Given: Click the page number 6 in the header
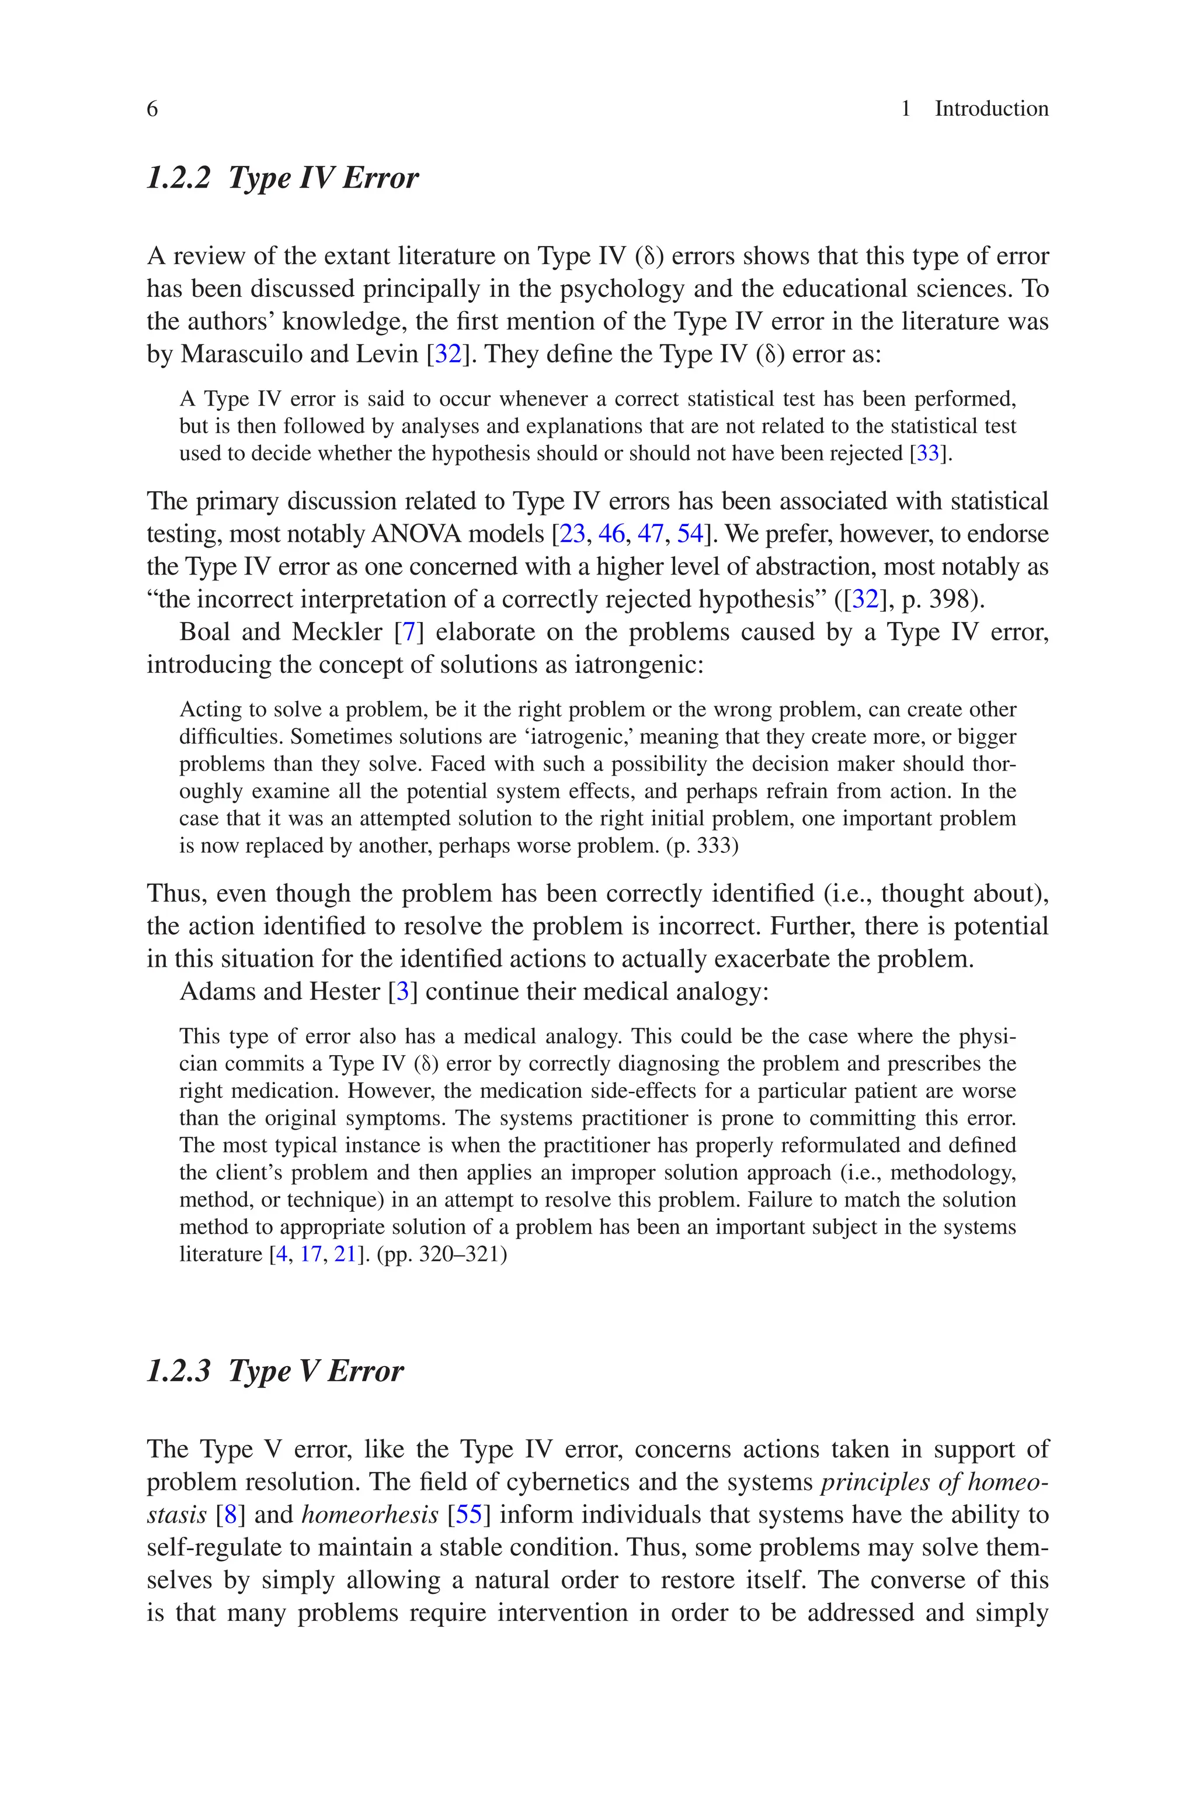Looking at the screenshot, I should click(x=152, y=109).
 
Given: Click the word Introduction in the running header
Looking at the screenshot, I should click(x=991, y=109).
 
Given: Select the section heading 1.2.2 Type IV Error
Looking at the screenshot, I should click(x=282, y=178).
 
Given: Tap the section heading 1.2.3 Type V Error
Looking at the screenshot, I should click(x=274, y=1371).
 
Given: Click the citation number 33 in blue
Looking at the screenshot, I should click(x=927, y=454).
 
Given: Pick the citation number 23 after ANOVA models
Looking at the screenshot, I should click(x=572, y=534).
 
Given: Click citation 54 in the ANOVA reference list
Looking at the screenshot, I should click(x=690, y=534).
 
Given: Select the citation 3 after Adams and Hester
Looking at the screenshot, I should click(x=403, y=991).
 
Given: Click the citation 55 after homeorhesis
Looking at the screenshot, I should click(x=469, y=1515).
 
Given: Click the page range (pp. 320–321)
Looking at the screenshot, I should click(x=441, y=1254).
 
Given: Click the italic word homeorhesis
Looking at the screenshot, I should click(x=370, y=1515).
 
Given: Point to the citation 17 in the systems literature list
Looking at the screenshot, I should click(x=311, y=1254).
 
